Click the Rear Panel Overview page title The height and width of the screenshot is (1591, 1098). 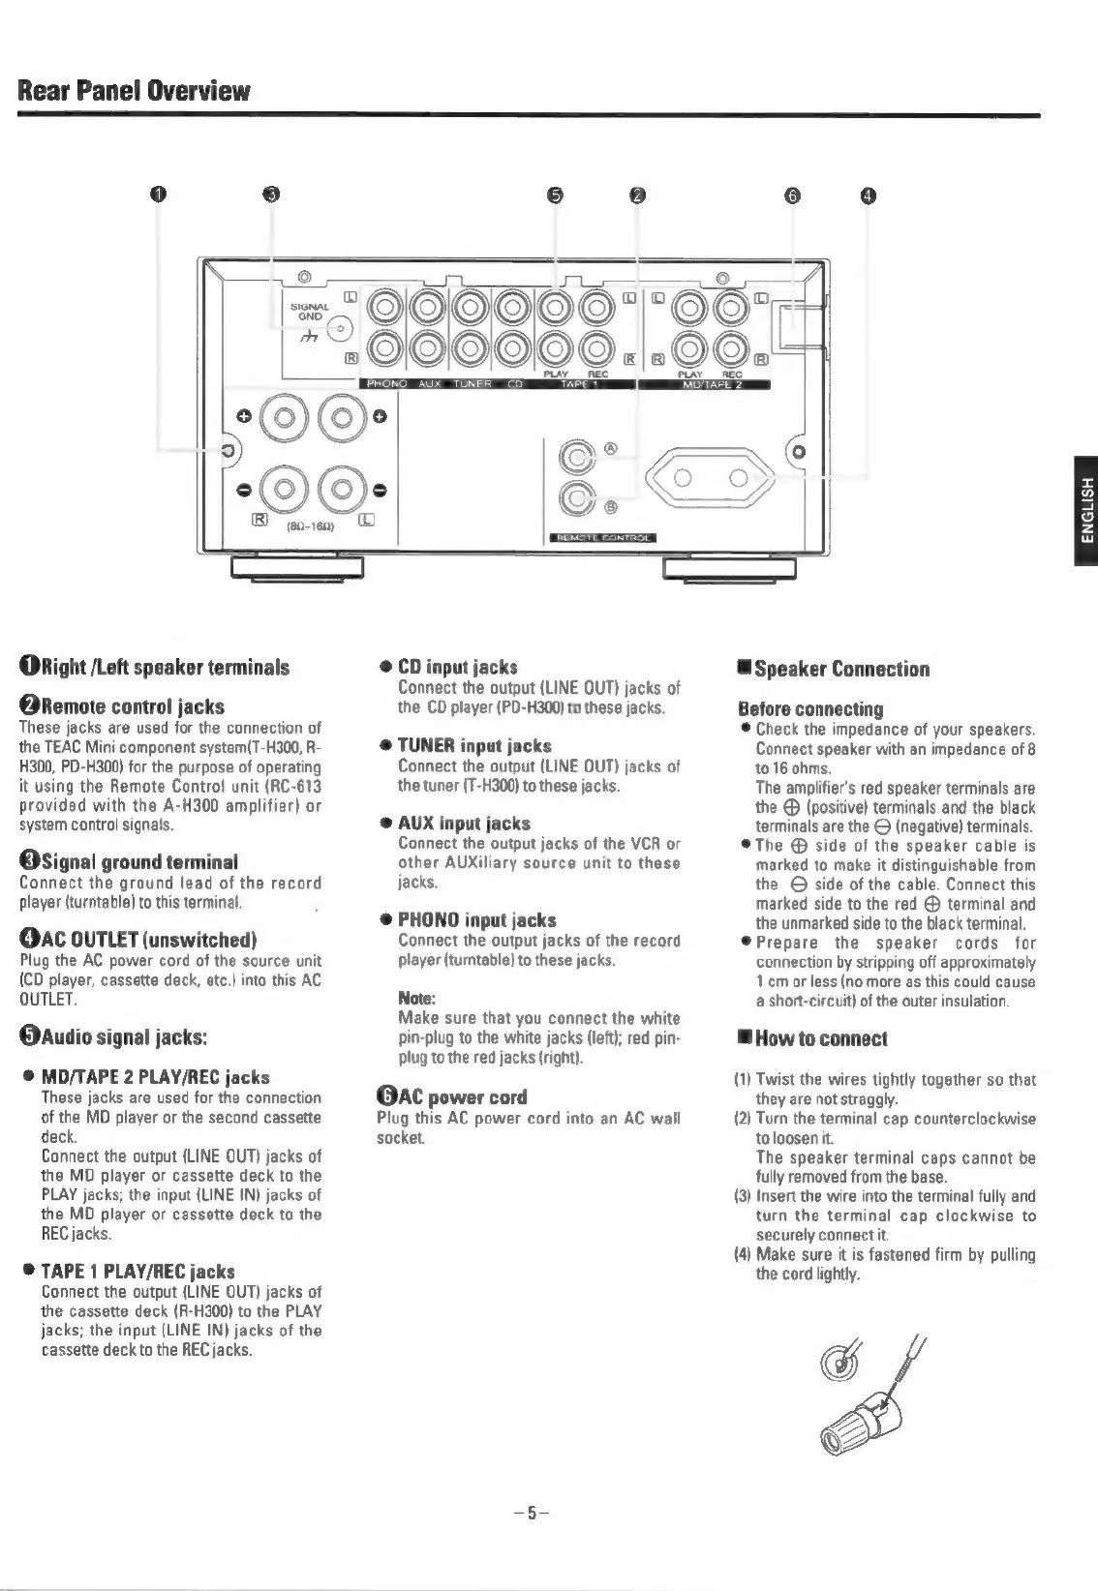coord(135,92)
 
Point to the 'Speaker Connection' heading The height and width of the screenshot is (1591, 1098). coord(834,669)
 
